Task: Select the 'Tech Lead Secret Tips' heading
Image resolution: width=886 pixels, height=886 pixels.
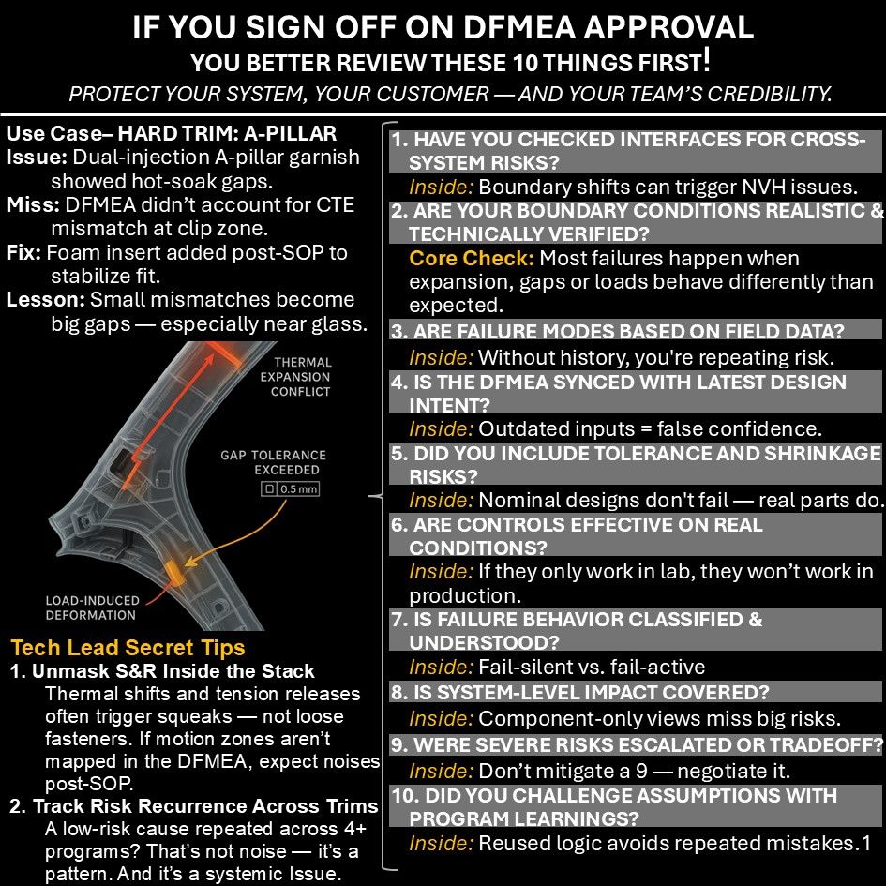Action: pos(128,647)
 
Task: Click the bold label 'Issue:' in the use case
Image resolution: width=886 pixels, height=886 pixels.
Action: pos(27,157)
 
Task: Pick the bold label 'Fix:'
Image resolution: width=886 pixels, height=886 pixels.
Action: pos(22,252)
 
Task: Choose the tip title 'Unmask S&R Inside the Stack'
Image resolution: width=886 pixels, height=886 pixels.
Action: pos(173,671)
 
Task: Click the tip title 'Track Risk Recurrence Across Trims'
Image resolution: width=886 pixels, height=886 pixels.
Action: pos(204,806)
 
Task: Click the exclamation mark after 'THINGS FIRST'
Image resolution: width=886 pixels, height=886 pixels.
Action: pos(705,62)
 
